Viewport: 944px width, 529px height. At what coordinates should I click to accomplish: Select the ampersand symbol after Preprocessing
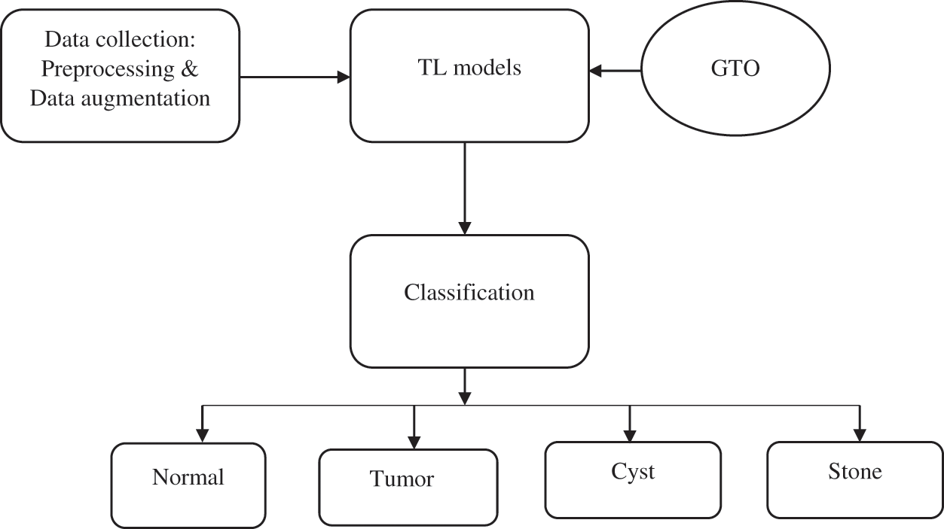click(x=191, y=68)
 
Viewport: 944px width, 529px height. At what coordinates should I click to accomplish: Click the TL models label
click(x=469, y=68)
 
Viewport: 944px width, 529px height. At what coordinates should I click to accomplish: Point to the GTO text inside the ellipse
click(x=735, y=69)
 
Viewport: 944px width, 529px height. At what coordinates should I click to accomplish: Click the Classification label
click(x=469, y=292)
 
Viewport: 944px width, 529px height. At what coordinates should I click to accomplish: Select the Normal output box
click(x=188, y=485)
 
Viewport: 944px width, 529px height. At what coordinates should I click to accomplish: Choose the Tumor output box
click(x=408, y=487)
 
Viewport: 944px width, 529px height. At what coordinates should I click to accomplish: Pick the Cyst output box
click(x=633, y=479)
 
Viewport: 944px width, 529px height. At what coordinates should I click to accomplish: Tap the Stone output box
click(x=854, y=479)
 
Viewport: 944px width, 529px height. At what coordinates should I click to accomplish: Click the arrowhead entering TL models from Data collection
click(x=344, y=76)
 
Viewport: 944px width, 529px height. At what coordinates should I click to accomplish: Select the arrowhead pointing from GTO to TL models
click(x=596, y=71)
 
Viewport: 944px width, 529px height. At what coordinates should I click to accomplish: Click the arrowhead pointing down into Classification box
click(x=465, y=227)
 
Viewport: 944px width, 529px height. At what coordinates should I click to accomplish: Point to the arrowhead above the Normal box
click(x=202, y=435)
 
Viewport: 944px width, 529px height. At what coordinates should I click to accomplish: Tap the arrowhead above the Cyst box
click(x=630, y=434)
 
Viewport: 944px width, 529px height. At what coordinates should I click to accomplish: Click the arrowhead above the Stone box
click(x=860, y=434)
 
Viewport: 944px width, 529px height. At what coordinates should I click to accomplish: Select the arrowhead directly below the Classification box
click(x=465, y=397)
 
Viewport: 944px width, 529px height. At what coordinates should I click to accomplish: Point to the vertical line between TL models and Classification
click(x=465, y=181)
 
